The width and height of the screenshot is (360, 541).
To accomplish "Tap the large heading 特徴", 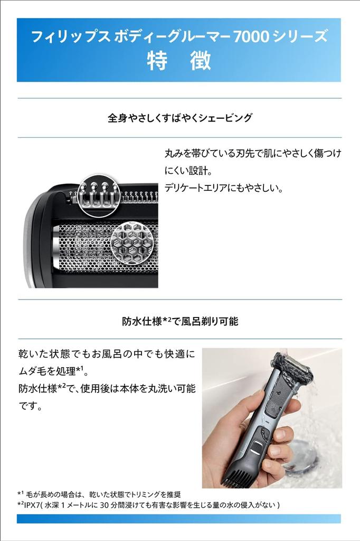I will coord(179,61).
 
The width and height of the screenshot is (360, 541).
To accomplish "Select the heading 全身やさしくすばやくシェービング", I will coord(179,118).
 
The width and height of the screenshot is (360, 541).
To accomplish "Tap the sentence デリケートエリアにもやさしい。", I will coord(224,188).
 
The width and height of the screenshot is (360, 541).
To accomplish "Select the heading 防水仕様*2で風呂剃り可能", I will coord(179,320).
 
